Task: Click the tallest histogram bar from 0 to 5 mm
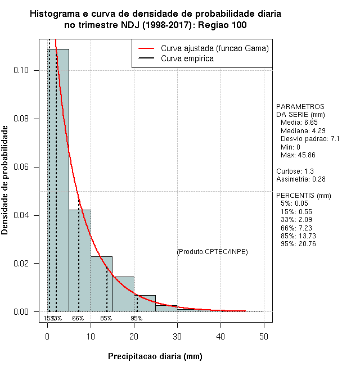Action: pos(58,180)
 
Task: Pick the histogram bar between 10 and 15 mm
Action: pos(101,284)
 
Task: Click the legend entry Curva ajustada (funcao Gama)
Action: pos(214,48)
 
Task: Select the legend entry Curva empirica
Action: pos(187,58)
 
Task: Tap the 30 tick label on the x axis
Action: pos(177,336)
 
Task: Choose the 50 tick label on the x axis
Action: pos(264,336)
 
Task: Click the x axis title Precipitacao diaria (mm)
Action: pos(155,356)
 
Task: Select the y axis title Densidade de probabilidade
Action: pos(5,180)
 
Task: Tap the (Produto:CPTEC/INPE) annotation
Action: pos(212,251)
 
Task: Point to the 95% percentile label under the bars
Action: pos(137,318)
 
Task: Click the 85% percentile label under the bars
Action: pos(106,318)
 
